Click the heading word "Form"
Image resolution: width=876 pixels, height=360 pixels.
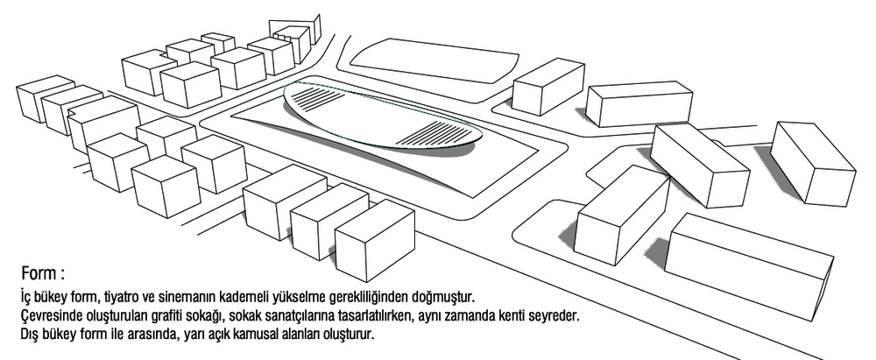[x=39, y=274]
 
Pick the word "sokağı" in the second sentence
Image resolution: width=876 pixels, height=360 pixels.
[x=205, y=315]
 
